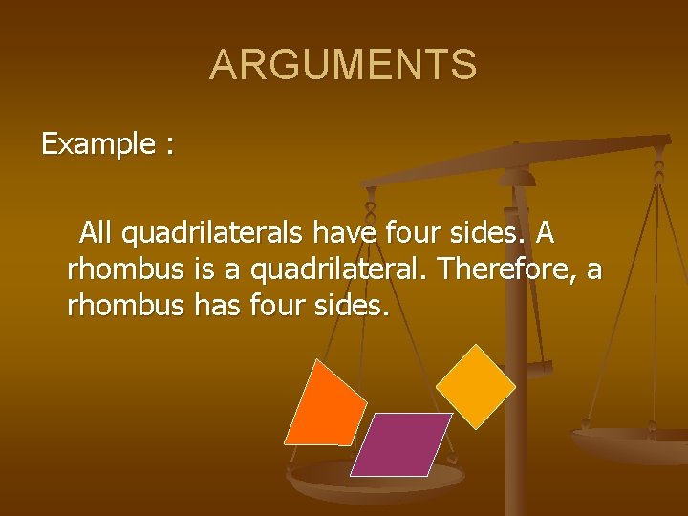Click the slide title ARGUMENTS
pyautogui.click(x=343, y=65)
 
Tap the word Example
pyautogui.click(x=97, y=144)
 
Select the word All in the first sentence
pyautogui.click(x=99, y=231)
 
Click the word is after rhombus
pyautogui.click(x=203, y=269)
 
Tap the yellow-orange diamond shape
pyautogui.click(x=475, y=385)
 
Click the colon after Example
pyautogui.click(x=169, y=146)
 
